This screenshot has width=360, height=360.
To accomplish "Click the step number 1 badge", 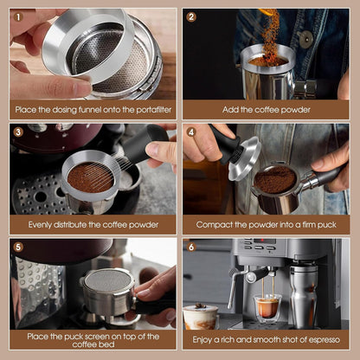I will click(18, 16).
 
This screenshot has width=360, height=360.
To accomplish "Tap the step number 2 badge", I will click(191, 16).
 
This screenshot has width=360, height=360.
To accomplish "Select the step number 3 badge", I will click(18, 132).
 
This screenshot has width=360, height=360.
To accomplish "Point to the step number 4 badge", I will click(191, 132).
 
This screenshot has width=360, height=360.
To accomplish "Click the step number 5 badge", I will click(18, 247).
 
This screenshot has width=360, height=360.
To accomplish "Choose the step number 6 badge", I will click(191, 247).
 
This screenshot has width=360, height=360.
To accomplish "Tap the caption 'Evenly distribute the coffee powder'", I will click(93, 224).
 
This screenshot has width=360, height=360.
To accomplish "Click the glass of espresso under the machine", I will click(267, 306).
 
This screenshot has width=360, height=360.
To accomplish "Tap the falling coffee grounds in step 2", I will click(270, 35).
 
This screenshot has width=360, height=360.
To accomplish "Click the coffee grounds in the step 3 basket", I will click(91, 177).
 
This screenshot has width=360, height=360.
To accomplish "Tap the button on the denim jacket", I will click(305, 38).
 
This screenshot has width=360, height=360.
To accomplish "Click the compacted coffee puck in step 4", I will click(275, 179).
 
